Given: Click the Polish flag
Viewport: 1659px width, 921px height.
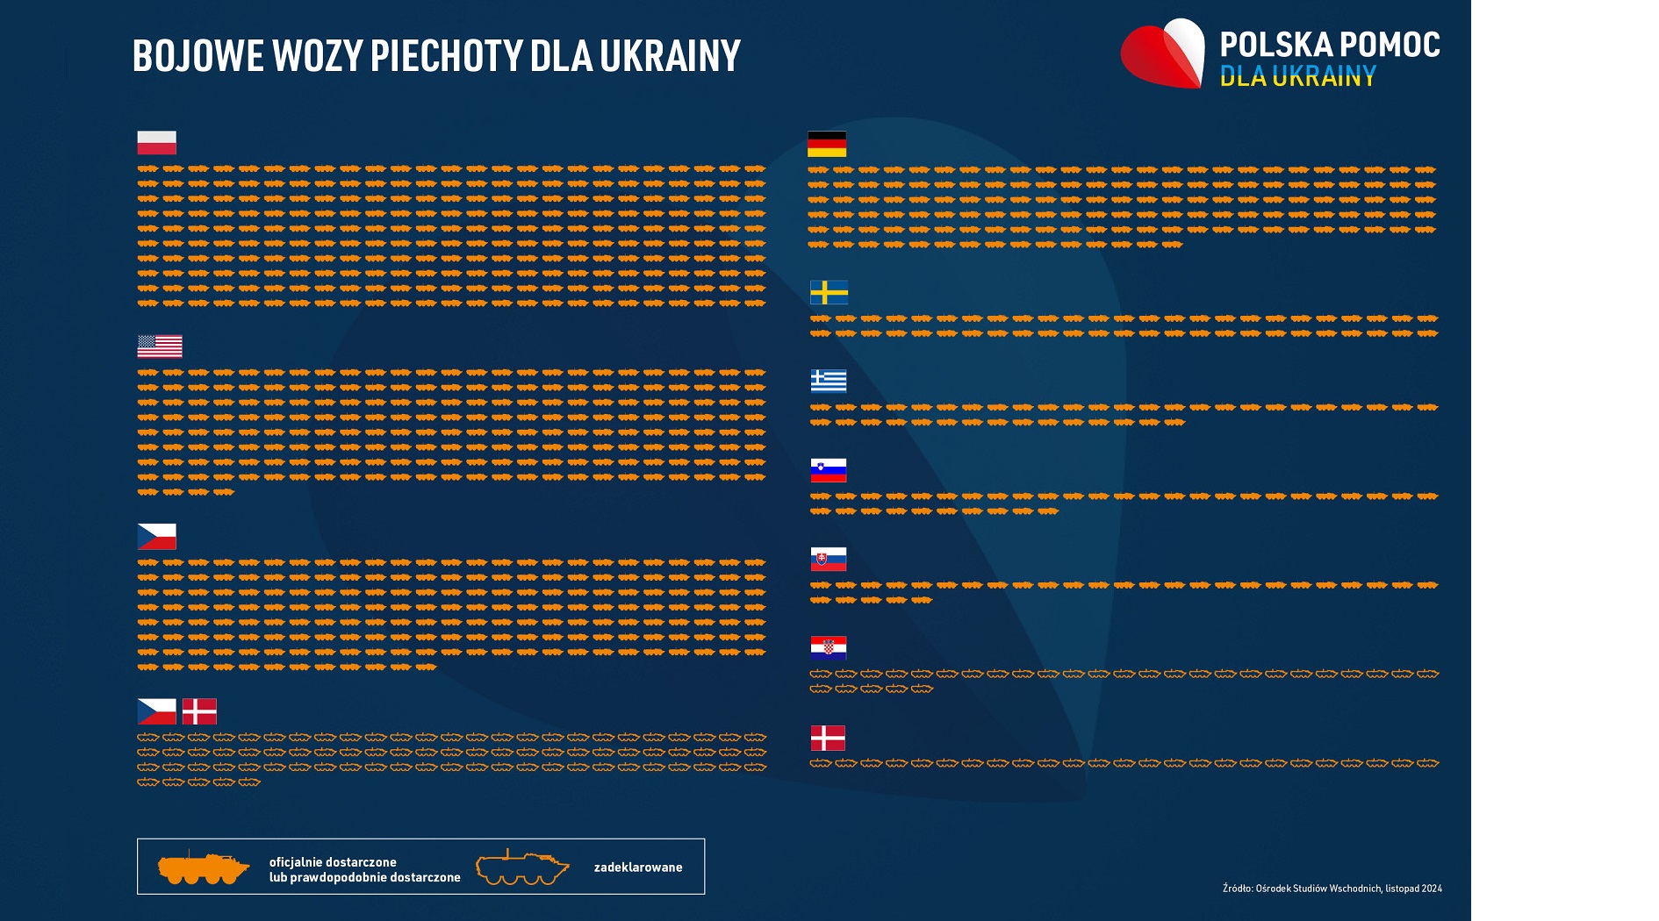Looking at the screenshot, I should pos(156,142).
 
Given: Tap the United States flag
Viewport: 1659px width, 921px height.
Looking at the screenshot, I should pos(160,346).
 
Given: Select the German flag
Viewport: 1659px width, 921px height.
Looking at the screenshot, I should pos(827,144).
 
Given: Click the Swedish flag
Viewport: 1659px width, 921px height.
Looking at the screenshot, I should pos(829,292).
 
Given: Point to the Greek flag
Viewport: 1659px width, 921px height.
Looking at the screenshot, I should pos(829,381).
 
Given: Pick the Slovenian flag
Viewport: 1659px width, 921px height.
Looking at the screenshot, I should pos(829,470).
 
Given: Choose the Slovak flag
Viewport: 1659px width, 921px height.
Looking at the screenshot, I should pos(829,559).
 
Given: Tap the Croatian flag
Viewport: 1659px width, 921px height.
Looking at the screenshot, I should pos(829,648).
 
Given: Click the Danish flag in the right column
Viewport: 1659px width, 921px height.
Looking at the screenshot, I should pos(828,738).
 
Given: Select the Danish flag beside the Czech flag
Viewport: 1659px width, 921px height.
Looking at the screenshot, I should pos(199,711).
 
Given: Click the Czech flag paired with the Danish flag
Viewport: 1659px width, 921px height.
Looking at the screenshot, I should pos(156,711).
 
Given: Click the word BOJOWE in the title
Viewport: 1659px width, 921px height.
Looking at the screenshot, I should pos(197,56).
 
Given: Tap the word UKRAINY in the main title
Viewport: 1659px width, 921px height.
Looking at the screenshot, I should pos(670,56).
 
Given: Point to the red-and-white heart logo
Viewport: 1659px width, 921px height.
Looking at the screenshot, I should pos(1163,54).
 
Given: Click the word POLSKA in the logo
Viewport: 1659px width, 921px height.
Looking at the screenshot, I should pos(1275,45).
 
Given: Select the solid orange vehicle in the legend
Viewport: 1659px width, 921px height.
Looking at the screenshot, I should pos(203,867).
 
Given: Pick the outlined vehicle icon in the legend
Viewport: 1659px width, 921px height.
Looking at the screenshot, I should pos(521,867).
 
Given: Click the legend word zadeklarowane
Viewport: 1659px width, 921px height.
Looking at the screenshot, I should pos(638,867).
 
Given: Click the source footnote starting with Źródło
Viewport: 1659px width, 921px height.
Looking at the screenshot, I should pos(1332,889).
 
